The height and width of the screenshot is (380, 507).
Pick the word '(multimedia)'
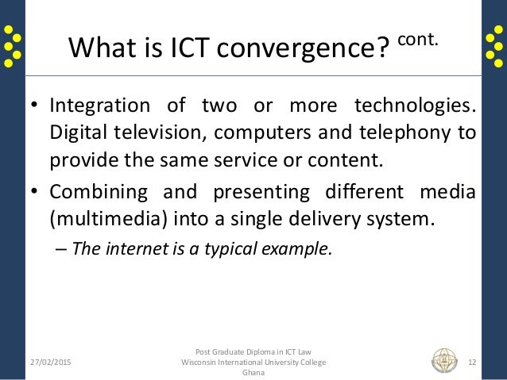coord(100,218)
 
